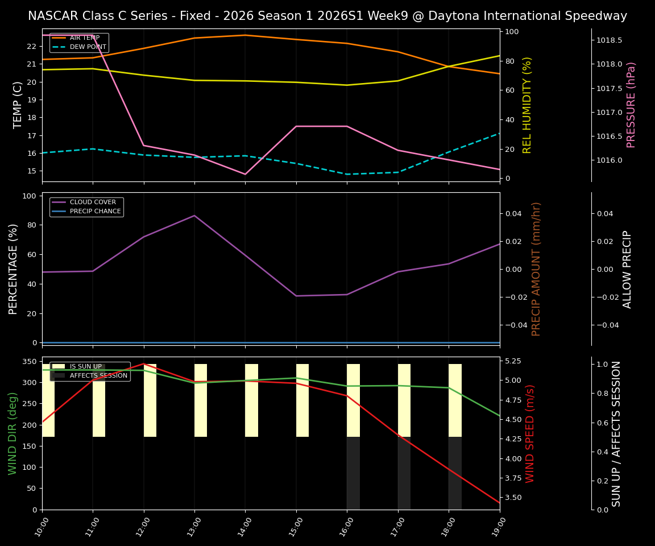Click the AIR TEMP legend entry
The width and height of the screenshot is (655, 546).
point(85,38)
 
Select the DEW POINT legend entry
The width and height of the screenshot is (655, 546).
point(88,47)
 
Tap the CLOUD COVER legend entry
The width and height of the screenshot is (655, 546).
point(93,202)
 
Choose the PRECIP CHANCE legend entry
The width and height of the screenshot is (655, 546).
point(95,211)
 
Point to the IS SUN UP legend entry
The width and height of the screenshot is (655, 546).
point(85,366)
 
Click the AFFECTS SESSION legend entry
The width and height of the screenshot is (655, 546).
point(98,375)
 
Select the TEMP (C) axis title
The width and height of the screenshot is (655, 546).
point(18,105)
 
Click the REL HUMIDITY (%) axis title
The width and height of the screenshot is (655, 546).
point(527,105)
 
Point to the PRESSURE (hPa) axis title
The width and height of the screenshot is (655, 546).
point(631,105)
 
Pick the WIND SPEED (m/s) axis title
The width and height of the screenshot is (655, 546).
point(530,433)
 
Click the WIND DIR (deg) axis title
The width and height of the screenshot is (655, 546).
point(13,433)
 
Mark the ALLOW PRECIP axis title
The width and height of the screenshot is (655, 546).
point(627,269)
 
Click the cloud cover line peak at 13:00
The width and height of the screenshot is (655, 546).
point(194,216)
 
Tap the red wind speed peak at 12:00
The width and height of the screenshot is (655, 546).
point(144,364)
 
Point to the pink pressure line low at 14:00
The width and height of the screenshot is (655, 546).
point(245,174)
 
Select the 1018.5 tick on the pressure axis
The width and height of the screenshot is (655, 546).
point(609,40)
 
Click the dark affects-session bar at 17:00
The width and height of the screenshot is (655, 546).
point(404,473)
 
